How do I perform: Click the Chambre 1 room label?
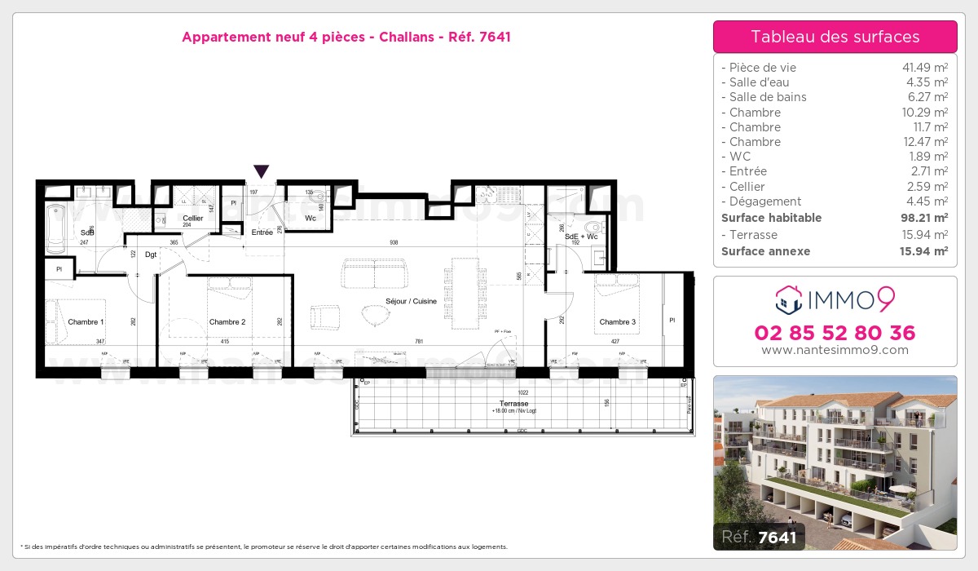(x=86, y=322)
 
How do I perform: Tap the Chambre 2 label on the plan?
(x=227, y=322)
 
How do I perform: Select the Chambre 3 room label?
(x=617, y=322)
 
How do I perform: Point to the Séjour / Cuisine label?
(x=412, y=301)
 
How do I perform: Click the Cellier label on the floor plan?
(x=193, y=219)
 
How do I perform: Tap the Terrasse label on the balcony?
(x=514, y=404)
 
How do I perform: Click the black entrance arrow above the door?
(x=261, y=171)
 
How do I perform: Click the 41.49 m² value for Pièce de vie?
(x=923, y=68)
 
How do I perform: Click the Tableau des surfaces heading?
(x=835, y=37)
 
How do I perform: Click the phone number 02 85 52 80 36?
(x=835, y=333)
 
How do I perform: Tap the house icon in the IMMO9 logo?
(x=788, y=299)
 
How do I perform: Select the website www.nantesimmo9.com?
(x=835, y=350)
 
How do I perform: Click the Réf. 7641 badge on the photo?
(x=759, y=536)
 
